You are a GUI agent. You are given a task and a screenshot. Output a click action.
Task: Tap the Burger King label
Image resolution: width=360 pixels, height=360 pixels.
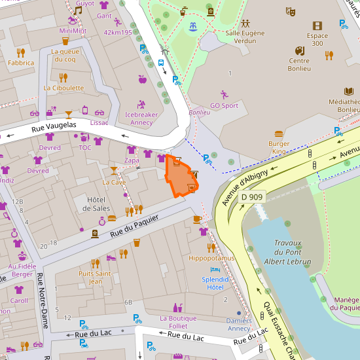tap(279, 147)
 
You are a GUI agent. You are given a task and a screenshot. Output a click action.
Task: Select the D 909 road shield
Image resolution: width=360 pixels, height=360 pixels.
tap(252, 197)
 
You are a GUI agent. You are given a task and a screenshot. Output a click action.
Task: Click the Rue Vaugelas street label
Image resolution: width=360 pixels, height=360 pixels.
tap(54, 128)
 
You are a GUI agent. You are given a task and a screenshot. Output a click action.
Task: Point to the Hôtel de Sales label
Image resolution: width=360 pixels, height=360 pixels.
tap(96, 204)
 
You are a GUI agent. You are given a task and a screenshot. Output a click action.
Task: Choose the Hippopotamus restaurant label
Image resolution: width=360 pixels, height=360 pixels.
tap(211, 259)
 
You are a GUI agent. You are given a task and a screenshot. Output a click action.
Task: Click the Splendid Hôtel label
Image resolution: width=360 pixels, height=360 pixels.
tap(215, 283)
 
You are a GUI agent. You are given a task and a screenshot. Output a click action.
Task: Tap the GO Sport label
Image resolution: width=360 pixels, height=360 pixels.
tap(224, 105)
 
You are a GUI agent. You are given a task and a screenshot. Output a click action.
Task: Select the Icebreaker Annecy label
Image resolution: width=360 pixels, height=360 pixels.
tap(141, 118)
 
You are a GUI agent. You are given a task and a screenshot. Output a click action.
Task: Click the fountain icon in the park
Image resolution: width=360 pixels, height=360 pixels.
tap(192, 27)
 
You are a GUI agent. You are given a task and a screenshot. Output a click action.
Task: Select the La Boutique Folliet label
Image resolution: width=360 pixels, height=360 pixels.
tap(178, 322)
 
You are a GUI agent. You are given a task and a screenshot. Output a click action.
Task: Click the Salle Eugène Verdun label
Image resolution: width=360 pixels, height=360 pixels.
tap(245, 37)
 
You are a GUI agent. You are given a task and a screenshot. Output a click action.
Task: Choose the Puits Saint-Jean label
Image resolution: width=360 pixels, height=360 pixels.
tap(95, 278)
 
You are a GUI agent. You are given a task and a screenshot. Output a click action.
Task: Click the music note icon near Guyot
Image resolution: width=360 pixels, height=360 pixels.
tap(77, 10)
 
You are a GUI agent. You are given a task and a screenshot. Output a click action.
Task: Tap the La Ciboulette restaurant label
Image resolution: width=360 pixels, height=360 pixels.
tap(63, 88)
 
